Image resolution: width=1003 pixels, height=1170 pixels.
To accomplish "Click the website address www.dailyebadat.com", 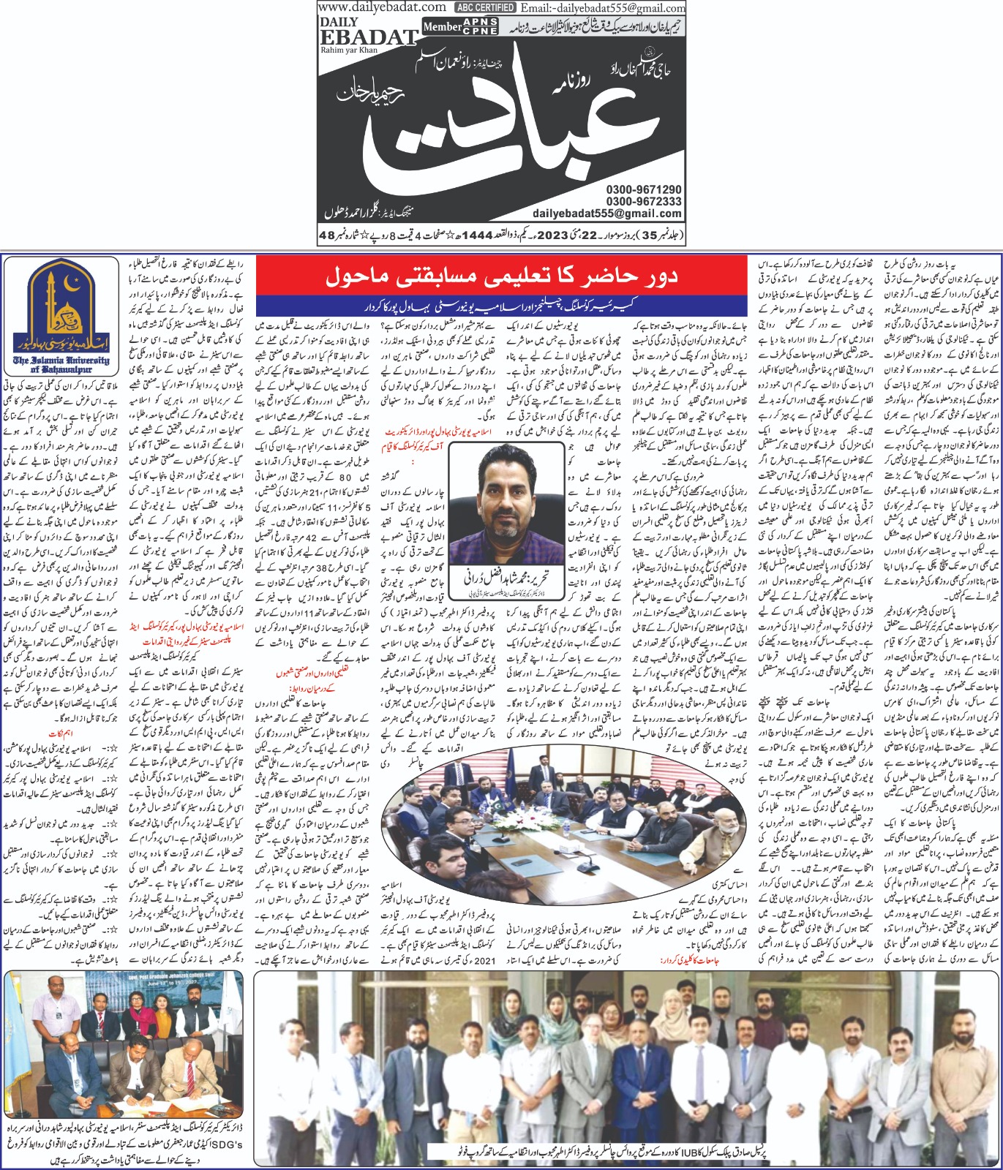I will click(382, 7).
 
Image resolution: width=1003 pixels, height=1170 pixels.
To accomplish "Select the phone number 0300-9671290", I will click(643, 189).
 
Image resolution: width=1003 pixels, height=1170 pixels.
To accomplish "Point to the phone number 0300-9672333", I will click(643, 201).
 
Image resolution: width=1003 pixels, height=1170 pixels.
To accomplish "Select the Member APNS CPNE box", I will click(460, 27).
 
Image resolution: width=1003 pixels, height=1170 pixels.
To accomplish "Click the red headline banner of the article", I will click(501, 276).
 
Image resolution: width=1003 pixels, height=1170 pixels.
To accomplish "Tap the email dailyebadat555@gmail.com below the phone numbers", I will click(607, 214).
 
